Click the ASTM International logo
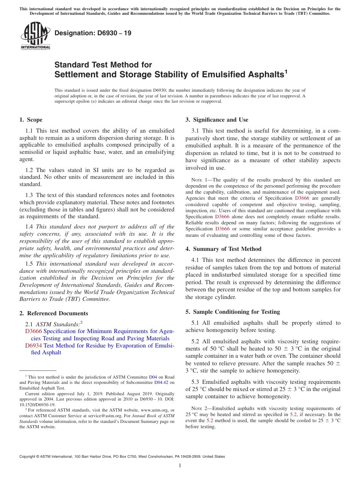(35, 36)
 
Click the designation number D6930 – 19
(93, 33)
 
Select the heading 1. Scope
(31, 120)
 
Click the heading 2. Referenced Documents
(53, 313)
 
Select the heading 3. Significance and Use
(217, 120)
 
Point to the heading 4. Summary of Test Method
(223, 249)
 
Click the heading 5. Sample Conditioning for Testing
(232, 312)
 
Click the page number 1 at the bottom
(180, 466)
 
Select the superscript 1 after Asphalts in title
(286, 70)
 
